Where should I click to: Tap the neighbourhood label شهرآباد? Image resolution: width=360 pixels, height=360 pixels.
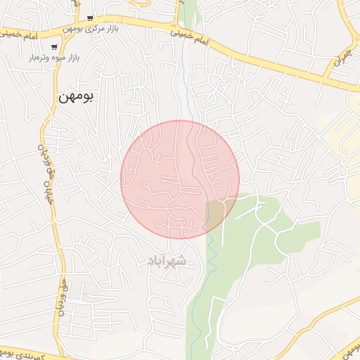click(167, 261)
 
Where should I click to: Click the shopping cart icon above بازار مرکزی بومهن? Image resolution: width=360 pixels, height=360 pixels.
click(90, 18)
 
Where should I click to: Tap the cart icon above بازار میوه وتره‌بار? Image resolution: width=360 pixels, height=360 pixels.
click(54, 48)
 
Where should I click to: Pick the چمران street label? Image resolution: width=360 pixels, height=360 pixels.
click(340, 65)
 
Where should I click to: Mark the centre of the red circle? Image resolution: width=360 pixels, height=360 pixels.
click(180, 179)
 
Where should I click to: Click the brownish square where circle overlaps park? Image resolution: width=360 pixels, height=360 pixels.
click(214, 214)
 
